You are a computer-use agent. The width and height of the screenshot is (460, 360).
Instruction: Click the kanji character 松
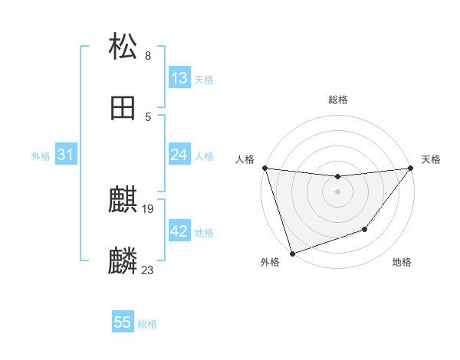point(123,45)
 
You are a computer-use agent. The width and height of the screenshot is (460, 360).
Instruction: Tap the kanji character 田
point(123,108)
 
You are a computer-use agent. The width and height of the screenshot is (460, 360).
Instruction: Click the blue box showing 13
point(179,78)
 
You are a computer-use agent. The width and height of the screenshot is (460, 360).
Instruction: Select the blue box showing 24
point(179,155)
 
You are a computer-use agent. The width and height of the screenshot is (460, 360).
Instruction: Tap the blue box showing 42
point(179,231)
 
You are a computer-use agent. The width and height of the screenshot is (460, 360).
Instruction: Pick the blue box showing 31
point(66,155)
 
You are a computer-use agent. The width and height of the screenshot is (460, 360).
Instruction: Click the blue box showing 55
point(123,322)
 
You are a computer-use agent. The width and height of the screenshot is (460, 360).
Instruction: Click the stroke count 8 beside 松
point(148,55)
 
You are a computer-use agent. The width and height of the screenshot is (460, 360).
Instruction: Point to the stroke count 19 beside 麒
point(149,208)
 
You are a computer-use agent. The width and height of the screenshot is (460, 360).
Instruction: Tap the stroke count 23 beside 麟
point(148,270)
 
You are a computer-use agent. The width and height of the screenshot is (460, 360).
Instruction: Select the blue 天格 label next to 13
point(204,80)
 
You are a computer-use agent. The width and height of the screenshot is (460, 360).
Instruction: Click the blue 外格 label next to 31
point(41,156)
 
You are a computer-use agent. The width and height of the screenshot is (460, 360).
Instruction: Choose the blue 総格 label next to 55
point(147,324)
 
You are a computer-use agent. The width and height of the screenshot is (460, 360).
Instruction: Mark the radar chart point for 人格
point(264,168)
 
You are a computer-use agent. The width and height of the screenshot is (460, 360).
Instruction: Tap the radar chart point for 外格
point(292,253)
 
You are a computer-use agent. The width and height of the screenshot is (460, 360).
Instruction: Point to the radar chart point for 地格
point(366,229)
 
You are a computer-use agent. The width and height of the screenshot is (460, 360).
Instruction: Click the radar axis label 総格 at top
point(337,100)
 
